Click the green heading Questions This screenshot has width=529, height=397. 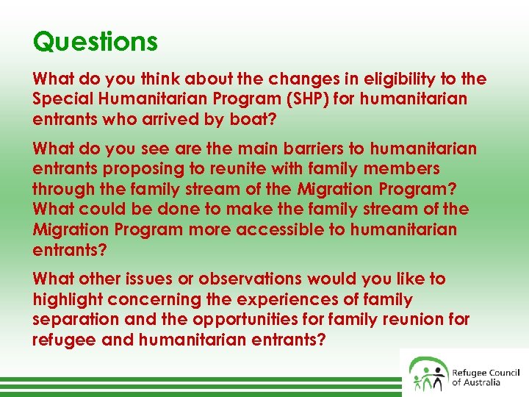(x=96, y=41)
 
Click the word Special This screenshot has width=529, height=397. (x=62, y=99)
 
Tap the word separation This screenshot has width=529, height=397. (x=76, y=320)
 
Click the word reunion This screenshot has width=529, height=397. (x=419, y=320)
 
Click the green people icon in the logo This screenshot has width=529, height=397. (x=428, y=373)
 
